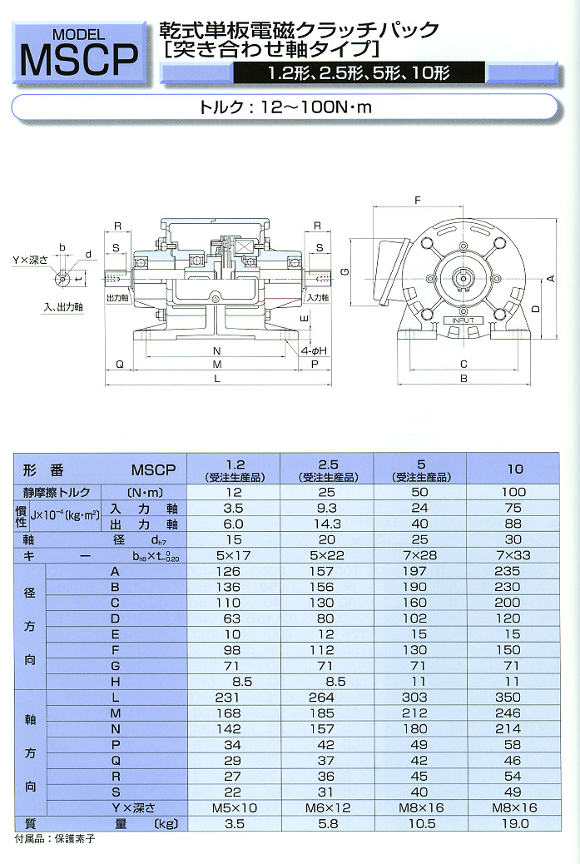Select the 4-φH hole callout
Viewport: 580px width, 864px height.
click(x=313, y=351)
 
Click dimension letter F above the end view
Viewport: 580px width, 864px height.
click(x=418, y=201)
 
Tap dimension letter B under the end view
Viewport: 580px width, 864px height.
click(x=464, y=380)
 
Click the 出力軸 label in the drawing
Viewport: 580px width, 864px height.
click(x=117, y=297)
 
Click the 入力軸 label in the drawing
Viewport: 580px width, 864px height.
click(x=316, y=297)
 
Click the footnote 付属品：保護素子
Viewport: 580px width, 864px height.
click(x=55, y=839)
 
